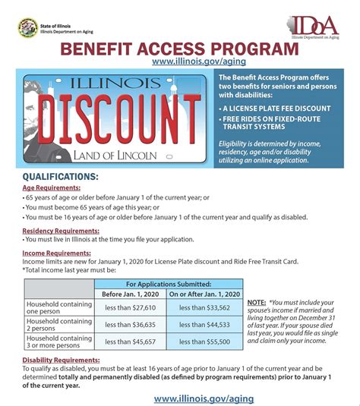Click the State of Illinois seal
(x=26, y=27)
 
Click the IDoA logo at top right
(x=314, y=25)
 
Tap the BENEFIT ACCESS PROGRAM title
(x=180, y=49)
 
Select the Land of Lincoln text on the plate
(x=116, y=156)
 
